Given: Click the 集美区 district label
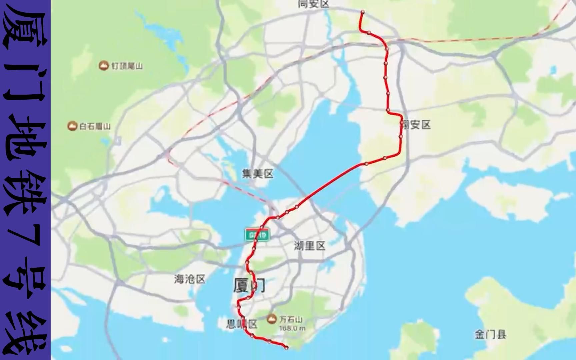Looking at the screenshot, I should [x=258, y=174].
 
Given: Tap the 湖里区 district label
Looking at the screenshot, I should [x=309, y=246].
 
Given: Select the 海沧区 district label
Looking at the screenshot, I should [x=190, y=279].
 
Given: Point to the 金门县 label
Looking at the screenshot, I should [x=490, y=334].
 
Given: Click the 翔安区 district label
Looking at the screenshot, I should [x=416, y=125].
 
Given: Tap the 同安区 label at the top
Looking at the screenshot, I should [x=313, y=4].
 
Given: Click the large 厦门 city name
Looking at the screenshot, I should [x=249, y=286].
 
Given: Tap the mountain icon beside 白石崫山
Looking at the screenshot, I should [x=72, y=126].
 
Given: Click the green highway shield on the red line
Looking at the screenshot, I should [x=257, y=235].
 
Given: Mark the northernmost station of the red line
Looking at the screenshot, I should [x=363, y=12].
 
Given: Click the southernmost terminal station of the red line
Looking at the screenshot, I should [x=286, y=348].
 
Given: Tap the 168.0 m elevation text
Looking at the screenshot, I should [x=292, y=328].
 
